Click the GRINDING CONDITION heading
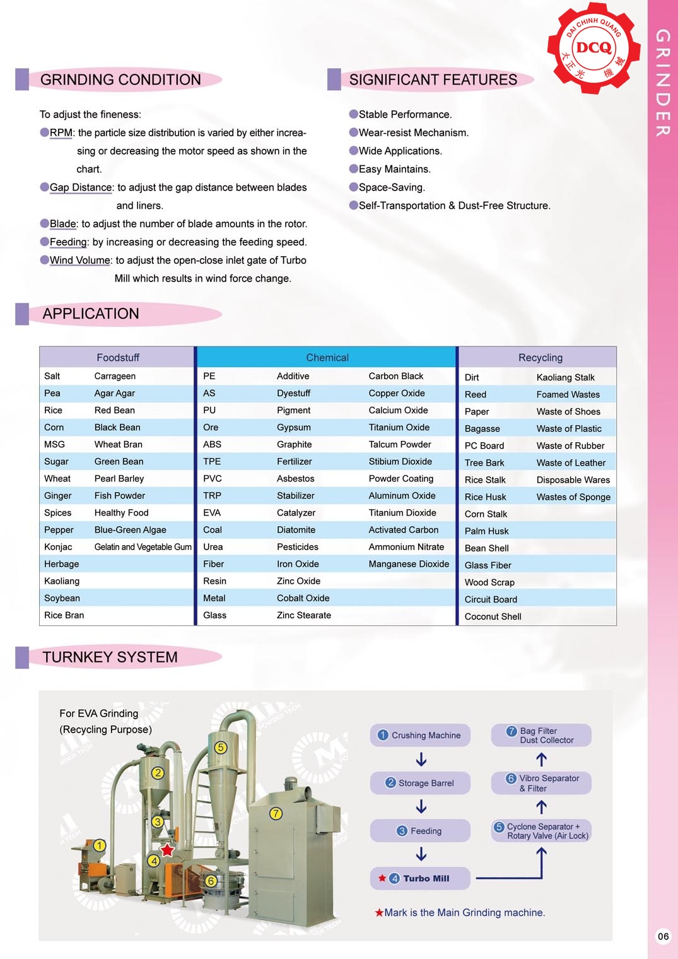[x=120, y=80]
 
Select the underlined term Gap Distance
[x=81, y=187]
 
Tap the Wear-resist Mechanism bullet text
[x=413, y=132]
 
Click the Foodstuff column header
[x=118, y=358]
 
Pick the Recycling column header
[x=540, y=358]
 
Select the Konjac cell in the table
[x=58, y=547]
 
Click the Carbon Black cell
[x=396, y=376]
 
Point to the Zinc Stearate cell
[x=303, y=615]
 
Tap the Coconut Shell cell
[x=493, y=616]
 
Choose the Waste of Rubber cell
[x=570, y=445]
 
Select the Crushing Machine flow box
[x=420, y=735]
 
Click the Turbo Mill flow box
[x=420, y=878]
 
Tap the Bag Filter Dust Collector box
[x=541, y=735]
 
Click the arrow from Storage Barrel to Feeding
[x=421, y=807]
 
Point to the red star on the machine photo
[x=167, y=850]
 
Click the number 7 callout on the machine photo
[x=276, y=813]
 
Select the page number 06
[x=663, y=936]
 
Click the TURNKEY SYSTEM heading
[x=110, y=657]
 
